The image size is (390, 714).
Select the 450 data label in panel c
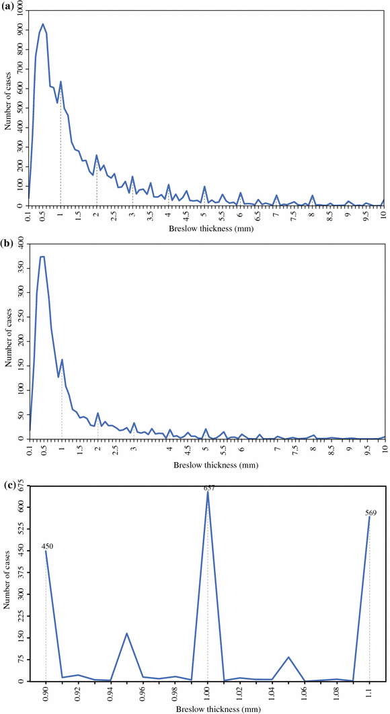48,546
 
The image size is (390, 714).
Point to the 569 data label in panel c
370,513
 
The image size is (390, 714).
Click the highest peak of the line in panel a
43,24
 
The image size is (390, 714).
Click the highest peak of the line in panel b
42,257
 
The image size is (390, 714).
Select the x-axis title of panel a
205,230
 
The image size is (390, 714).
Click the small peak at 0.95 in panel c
126,633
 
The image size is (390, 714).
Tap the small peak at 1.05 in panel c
288,657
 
